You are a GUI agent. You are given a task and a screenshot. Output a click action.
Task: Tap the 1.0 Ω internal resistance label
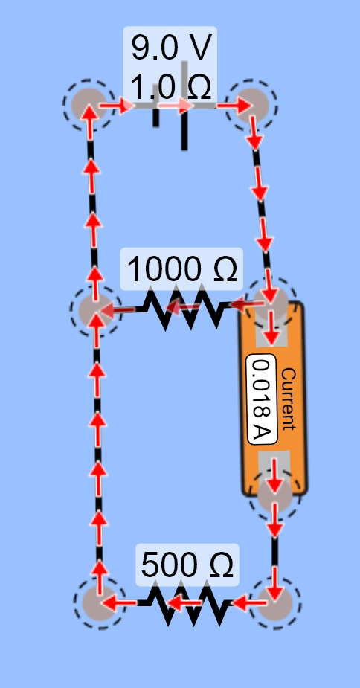171,87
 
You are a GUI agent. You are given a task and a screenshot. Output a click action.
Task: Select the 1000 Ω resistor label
182,269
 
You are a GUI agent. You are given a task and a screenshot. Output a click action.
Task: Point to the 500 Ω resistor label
187,565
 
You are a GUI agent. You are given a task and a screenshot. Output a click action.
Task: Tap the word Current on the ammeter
288,399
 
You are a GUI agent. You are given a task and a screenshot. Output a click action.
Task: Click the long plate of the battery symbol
184,106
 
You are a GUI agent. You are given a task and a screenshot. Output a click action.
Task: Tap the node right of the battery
251,106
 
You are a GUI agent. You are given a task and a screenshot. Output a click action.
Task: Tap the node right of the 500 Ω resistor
274,603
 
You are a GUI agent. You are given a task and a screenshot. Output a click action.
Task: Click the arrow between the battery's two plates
176,106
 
